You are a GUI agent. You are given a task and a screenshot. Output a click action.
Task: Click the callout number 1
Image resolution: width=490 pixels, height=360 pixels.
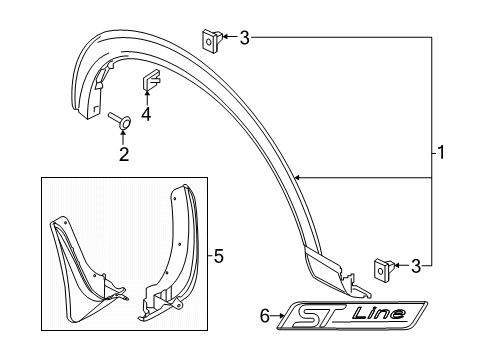coord(441,153)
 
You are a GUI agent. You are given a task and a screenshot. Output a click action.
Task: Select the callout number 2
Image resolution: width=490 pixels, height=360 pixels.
coord(124,154)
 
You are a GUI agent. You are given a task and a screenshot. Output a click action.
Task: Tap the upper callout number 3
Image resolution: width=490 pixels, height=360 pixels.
coord(244,38)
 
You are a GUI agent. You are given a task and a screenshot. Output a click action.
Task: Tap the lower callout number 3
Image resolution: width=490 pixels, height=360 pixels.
coord(416,266)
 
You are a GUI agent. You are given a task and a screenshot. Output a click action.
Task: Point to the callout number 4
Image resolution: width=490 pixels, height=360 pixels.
coord(146,114)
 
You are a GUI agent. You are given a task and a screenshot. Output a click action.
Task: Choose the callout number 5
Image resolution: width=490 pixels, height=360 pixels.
coord(218,256)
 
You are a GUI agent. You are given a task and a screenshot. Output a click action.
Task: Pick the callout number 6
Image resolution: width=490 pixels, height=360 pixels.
coord(265,315)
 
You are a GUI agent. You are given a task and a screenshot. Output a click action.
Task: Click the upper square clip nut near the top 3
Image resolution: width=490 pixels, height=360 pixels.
coord(212,40)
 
